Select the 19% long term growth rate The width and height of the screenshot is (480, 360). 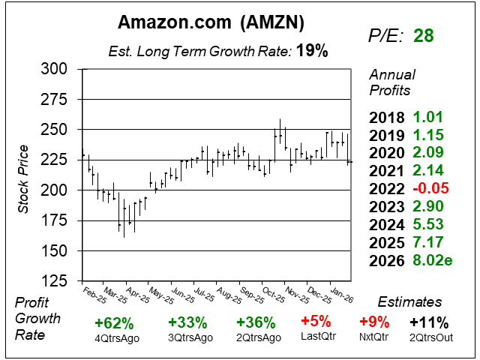coord(312,51)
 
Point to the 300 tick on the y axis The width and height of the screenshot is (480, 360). coord(53,69)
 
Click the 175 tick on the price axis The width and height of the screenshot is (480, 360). coord(53,220)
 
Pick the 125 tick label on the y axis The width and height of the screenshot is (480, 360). coord(53,281)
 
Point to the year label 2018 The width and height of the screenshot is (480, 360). coord(387,117)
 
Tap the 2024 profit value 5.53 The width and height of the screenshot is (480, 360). coord(429,226)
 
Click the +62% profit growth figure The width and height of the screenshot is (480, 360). coord(114,323)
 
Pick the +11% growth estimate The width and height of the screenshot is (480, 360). coord(430,323)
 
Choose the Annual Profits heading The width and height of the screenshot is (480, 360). coord(390,82)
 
